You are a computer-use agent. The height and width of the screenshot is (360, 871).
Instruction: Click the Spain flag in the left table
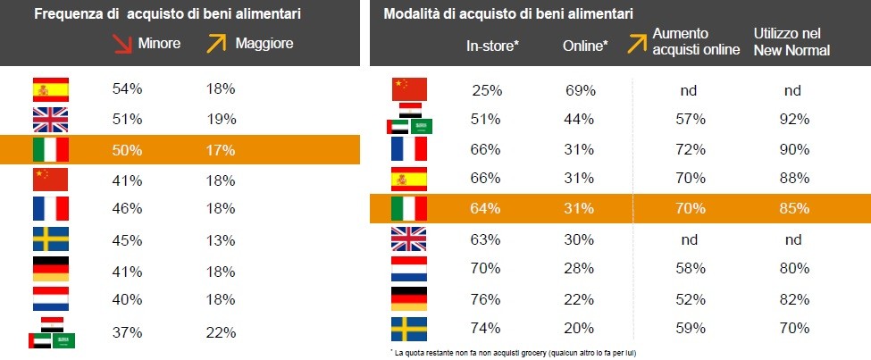(x=50, y=88)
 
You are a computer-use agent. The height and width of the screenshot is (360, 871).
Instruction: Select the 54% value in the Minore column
(x=128, y=88)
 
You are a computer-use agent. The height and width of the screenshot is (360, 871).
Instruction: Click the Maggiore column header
(x=264, y=43)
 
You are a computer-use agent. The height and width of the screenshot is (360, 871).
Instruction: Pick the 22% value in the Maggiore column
(x=221, y=332)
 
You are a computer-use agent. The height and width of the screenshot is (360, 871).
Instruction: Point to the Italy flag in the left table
(x=50, y=150)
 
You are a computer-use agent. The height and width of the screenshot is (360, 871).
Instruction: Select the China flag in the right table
(x=409, y=88)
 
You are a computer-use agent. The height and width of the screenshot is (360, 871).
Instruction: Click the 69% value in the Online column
(x=582, y=89)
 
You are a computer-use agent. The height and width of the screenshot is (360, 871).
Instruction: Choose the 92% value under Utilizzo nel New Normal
(x=793, y=119)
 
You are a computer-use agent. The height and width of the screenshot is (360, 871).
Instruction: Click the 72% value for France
(x=691, y=148)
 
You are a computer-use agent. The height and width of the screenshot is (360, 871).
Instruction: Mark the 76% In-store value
(x=487, y=299)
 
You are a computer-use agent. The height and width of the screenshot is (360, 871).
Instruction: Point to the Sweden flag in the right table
(x=409, y=329)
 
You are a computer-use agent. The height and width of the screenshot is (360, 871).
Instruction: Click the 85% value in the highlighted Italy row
(x=793, y=209)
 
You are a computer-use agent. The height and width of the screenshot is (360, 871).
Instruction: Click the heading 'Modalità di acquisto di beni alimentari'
(x=508, y=14)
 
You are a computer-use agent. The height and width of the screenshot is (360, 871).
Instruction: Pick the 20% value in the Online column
(x=581, y=329)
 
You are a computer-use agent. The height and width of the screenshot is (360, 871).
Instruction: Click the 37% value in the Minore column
(x=128, y=332)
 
